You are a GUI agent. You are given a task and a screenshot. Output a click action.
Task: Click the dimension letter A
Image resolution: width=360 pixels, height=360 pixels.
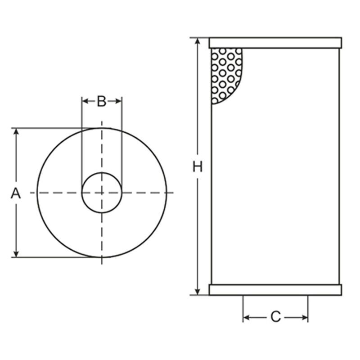[x=16, y=193]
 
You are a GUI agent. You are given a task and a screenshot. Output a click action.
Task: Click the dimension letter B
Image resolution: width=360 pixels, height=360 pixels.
[x=102, y=101]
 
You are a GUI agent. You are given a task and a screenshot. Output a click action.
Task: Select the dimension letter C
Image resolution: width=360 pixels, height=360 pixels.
[x=275, y=317]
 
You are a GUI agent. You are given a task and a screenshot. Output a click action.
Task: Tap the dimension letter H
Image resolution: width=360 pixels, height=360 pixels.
[x=198, y=166]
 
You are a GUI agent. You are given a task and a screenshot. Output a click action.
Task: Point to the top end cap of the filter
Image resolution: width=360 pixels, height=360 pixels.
[x=275, y=43]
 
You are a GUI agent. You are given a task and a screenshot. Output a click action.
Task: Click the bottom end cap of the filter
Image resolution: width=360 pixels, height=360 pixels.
[x=275, y=290]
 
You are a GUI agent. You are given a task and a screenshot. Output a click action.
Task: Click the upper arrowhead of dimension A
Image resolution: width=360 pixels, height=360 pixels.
[x=16, y=131]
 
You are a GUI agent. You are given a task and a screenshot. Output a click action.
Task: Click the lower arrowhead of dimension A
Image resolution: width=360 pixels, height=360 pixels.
[x=16, y=254]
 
